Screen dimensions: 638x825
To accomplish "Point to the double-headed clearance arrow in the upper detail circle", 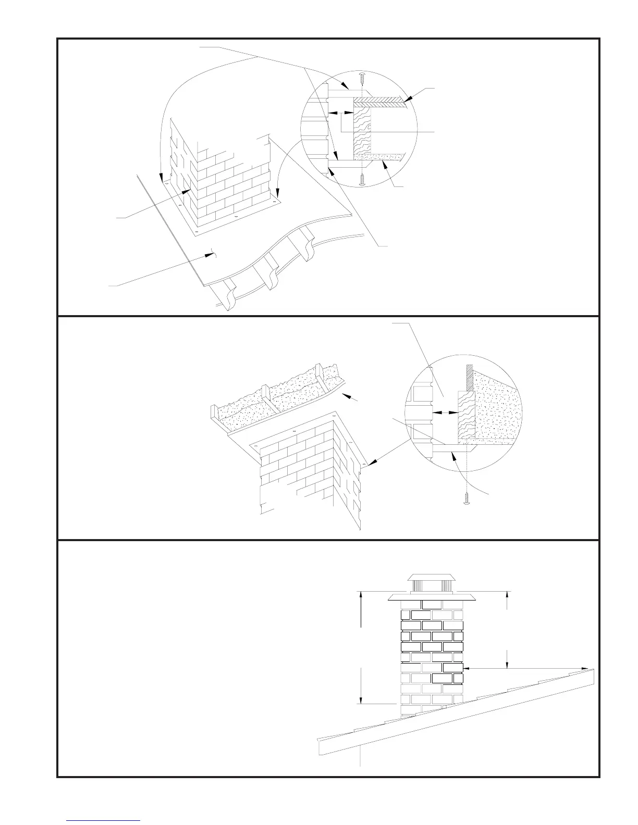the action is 341,112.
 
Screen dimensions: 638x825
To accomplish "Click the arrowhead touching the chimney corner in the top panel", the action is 186,192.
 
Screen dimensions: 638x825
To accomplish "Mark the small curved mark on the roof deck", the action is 212,253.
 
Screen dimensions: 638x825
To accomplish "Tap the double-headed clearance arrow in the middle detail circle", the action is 445,413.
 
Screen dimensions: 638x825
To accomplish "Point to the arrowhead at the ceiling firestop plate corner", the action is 370,463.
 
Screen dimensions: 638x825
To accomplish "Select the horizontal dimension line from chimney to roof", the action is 526,668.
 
